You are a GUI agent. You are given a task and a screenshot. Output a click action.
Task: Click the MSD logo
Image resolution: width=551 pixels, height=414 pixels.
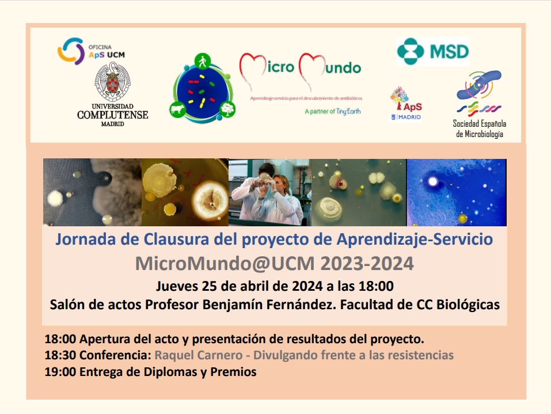tap(432, 52)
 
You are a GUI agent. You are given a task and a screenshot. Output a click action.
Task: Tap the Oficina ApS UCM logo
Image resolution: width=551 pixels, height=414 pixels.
tap(91, 51)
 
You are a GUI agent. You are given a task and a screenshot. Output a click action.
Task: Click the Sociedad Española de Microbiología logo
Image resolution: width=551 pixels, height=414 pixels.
tap(479, 104)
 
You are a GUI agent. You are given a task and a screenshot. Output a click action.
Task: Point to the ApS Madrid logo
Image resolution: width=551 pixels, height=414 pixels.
tap(406, 104)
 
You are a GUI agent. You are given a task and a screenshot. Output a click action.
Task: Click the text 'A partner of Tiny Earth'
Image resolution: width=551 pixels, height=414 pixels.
tap(332, 111)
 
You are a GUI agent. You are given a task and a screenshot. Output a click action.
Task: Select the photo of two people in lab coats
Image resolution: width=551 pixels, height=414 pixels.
tap(269, 192)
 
